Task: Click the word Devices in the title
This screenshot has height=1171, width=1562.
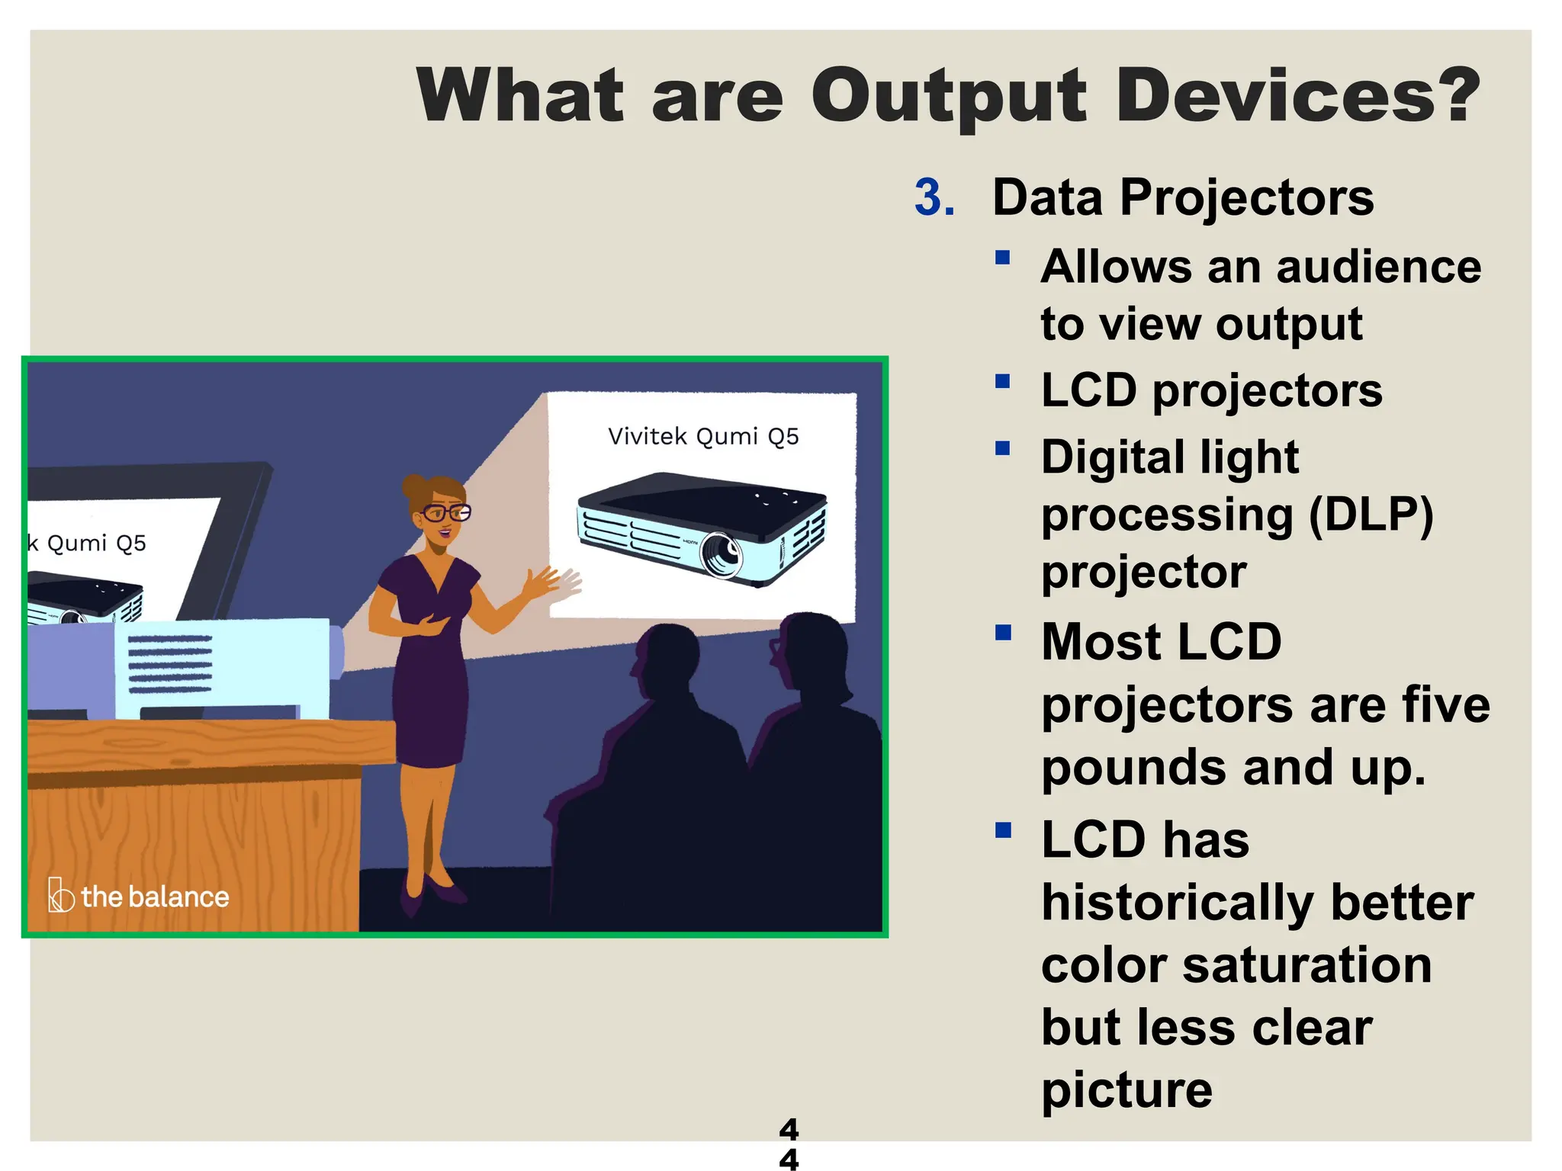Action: (x=1297, y=95)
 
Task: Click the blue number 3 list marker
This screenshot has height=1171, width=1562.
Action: (x=934, y=197)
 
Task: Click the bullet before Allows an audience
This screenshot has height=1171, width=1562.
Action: (x=1002, y=258)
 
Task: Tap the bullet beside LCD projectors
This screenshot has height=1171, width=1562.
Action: (x=1002, y=380)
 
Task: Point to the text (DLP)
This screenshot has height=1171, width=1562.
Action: (x=1371, y=515)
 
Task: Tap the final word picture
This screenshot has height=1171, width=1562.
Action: (x=1127, y=1089)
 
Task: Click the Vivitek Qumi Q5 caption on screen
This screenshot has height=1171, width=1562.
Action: (x=702, y=436)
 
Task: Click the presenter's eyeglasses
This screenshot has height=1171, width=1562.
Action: (x=446, y=512)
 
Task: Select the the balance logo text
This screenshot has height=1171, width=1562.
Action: (x=154, y=897)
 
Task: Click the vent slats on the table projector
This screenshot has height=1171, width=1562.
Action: (x=169, y=664)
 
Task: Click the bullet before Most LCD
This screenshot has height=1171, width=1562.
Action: (x=1002, y=632)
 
